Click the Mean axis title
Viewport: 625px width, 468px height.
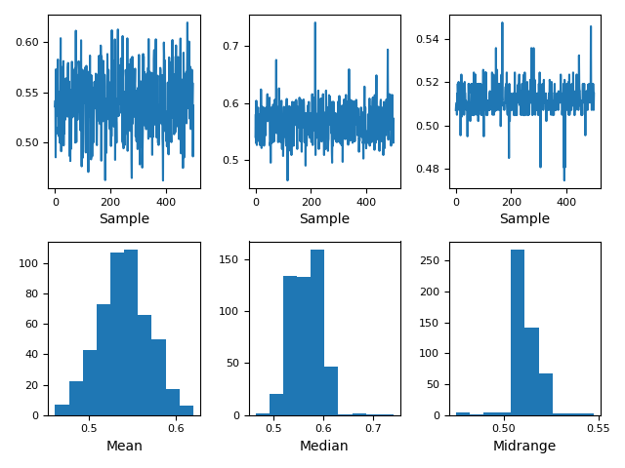click(124, 446)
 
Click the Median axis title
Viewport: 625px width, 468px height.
click(324, 446)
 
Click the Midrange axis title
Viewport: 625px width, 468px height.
click(524, 446)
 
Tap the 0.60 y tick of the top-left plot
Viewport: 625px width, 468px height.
click(28, 42)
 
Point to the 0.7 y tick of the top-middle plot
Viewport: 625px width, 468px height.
click(232, 46)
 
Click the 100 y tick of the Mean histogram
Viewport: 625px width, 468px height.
click(30, 263)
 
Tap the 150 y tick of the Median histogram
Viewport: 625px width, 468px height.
click(230, 259)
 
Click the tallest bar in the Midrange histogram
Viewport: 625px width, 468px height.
click(518, 331)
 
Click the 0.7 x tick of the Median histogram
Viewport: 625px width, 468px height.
click(374, 428)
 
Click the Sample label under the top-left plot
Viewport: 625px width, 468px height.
click(124, 219)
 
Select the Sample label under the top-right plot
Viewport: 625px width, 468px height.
click(524, 219)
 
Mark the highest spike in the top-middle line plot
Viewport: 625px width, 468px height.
click(314, 23)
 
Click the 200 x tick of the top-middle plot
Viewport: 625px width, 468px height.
click(311, 201)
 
